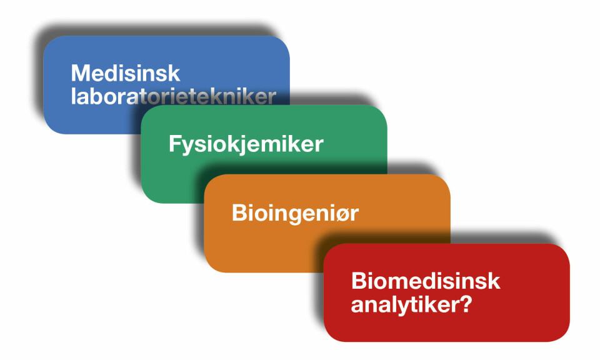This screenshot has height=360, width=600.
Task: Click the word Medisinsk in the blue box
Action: tap(126, 73)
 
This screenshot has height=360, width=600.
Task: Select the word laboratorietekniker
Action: tap(173, 96)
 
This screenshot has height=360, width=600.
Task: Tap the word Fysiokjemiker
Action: tap(246, 144)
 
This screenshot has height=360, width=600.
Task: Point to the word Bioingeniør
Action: tap(295, 213)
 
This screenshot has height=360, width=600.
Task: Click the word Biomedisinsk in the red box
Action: tap(426, 281)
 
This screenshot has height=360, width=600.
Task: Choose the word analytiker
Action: tap(406, 305)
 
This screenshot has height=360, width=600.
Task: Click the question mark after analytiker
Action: tap(466, 304)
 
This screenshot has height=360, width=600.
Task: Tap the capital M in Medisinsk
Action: tap(80, 73)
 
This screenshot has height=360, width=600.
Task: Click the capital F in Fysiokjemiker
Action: tap(175, 144)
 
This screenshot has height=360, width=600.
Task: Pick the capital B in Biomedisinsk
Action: tap(359, 281)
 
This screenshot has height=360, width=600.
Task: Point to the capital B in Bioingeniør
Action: tap(239, 212)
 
